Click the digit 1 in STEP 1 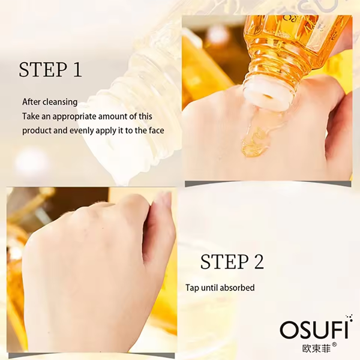(x=77, y=70)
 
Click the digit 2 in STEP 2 (x=259, y=262)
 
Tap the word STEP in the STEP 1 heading (x=43, y=70)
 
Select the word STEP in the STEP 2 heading (x=224, y=262)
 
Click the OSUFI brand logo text (x=314, y=329)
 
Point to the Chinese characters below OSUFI (x=317, y=348)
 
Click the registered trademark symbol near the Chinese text (x=335, y=345)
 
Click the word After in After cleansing (x=31, y=102)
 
